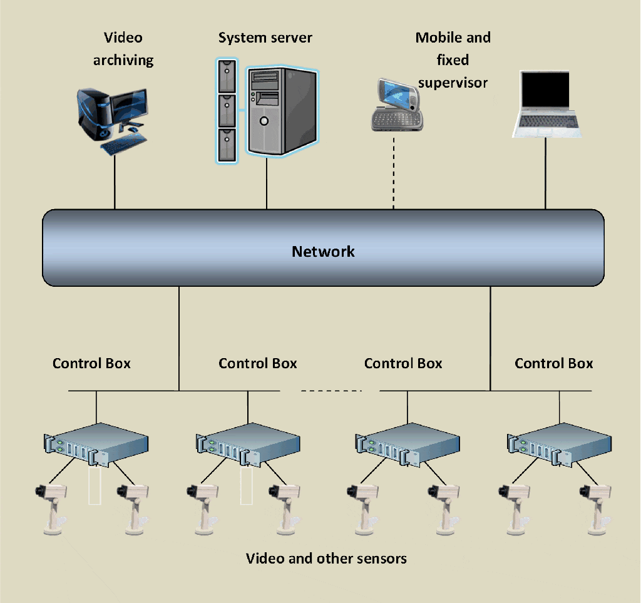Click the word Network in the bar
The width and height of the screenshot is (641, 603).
[323, 252]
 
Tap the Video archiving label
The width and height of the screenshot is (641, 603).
[123, 49]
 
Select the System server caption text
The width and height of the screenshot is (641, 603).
[265, 38]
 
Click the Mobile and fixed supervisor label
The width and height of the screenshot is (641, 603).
[453, 60]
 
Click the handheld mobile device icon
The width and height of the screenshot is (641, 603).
[394, 105]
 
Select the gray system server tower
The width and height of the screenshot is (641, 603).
[280, 111]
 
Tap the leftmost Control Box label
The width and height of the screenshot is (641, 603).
[91, 363]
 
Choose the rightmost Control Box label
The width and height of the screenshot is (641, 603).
[553, 363]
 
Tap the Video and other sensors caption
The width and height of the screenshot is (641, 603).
[326, 558]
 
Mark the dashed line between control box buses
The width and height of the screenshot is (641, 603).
[331, 391]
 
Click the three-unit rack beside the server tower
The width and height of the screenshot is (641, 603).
[227, 111]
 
